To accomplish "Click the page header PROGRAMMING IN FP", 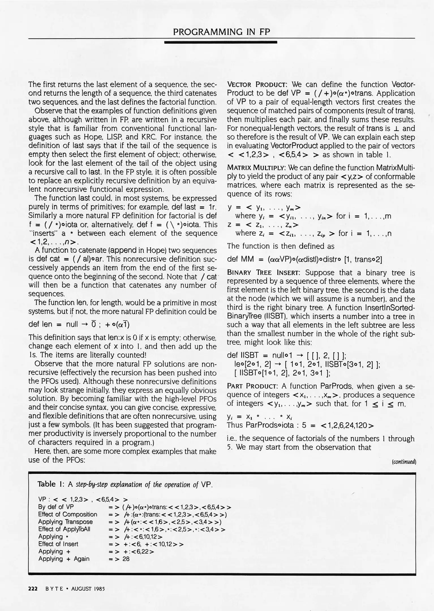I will pyautogui.click(x=221, y=31).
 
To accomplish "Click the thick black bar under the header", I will pyautogui.click(x=221, y=42).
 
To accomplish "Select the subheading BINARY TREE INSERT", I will pyautogui.click(x=263, y=273).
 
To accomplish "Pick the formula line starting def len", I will pyautogui.click(x=79, y=324).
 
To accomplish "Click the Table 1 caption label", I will pyautogui.click(x=50, y=484).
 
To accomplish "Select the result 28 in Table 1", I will pyautogui.click(x=126, y=559).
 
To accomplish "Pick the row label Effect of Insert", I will pyautogui.click(x=58, y=544).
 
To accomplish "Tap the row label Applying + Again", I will pyautogui.click(x=64, y=559).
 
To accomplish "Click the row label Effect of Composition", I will pyautogui.click(x=68, y=514).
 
